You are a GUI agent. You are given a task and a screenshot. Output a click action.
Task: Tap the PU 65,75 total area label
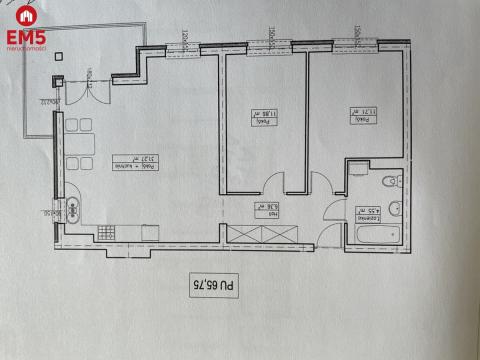coord(213,288)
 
